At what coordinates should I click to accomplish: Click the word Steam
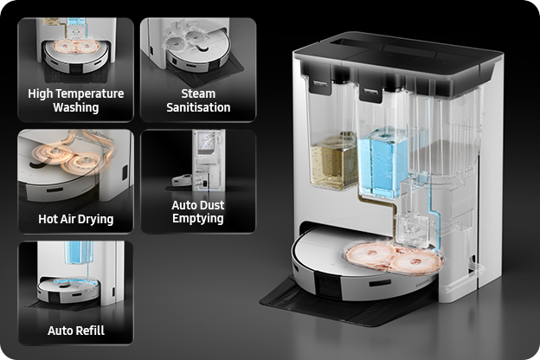[198, 93]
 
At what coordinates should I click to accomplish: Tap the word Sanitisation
[198, 107]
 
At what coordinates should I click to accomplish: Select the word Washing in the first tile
[76, 107]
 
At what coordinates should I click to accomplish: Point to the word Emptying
[198, 218]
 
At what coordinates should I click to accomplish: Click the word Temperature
[90, 93]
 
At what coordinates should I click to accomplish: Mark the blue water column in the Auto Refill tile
[80, 253]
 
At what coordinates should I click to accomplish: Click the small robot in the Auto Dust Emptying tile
[182, 180]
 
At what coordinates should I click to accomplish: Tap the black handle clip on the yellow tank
[320, 85]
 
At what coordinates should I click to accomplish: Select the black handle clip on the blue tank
[370, 93]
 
